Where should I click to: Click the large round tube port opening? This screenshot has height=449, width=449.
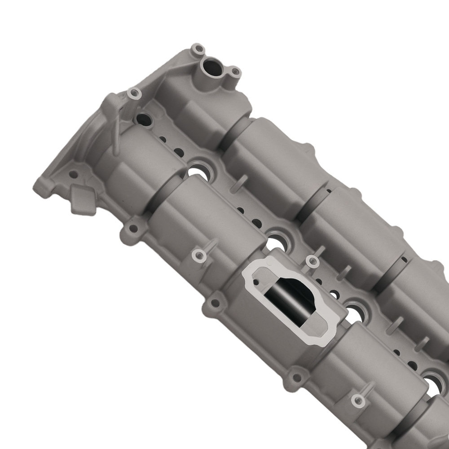(211, 68)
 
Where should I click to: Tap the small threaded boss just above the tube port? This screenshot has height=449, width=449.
(197, 48)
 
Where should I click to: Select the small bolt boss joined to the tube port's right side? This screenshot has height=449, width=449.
(234, 72)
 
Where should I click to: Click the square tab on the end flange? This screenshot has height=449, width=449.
(84, 199)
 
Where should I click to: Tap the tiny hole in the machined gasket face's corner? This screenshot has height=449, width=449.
(255, 282)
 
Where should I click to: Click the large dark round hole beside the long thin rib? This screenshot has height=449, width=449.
(143, 120)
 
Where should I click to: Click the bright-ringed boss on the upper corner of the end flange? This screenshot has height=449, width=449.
(133, 94)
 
